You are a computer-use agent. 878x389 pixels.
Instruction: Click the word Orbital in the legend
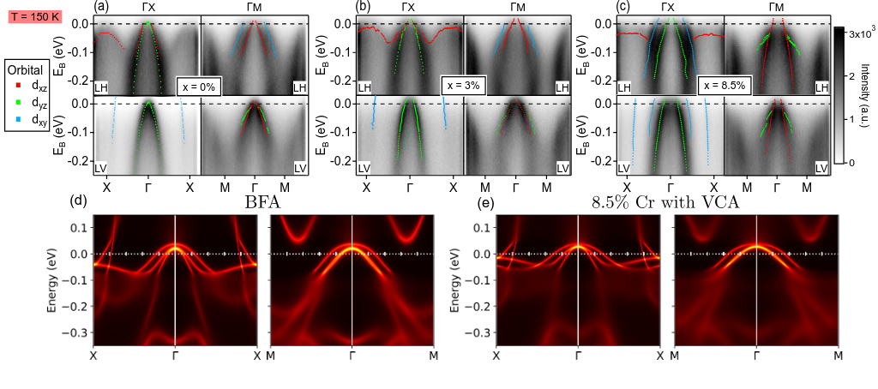click(x=27, y=70)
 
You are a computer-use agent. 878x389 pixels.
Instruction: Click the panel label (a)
click(x=100, y=7)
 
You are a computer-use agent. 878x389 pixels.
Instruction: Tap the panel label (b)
click(x=363, y=7)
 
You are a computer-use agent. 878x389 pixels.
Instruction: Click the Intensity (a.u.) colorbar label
click(x=867, y=94)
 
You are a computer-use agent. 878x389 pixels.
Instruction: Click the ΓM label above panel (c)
click(x=777, y=7)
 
